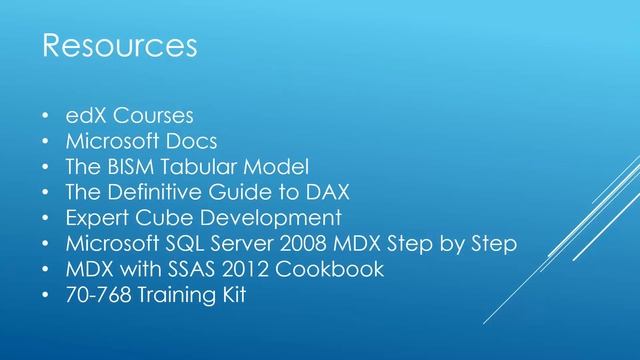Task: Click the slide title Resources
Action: [x=118, y=46]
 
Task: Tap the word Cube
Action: [x=169, y=217]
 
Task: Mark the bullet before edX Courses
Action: [x=46, y=114]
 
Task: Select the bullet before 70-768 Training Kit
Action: [x=46, y=296]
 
